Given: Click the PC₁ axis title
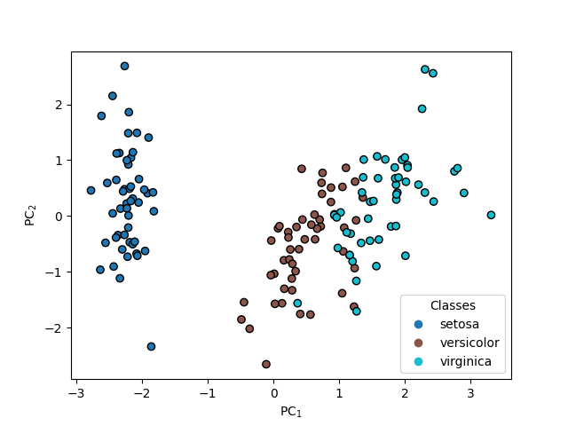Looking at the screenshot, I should [x=291, y=411].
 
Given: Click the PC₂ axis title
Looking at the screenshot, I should [x=29, y=216].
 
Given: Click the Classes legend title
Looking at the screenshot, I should [x=453, y=304].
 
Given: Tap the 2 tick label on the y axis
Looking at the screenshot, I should [x=59, y=105].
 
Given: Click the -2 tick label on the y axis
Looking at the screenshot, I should [x=55, y=327].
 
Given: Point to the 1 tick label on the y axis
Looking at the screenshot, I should [x=59, y=161].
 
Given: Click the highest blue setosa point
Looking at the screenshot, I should [x=124, y=66].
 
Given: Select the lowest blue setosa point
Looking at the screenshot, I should [x=151, y=346].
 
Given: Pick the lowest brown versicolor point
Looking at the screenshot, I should [x=265, y=364].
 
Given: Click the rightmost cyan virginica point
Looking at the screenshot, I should [x=491, y=215].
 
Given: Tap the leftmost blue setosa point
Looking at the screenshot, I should [x=91, y=190].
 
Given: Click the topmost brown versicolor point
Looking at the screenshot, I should [x=302, y=169].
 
